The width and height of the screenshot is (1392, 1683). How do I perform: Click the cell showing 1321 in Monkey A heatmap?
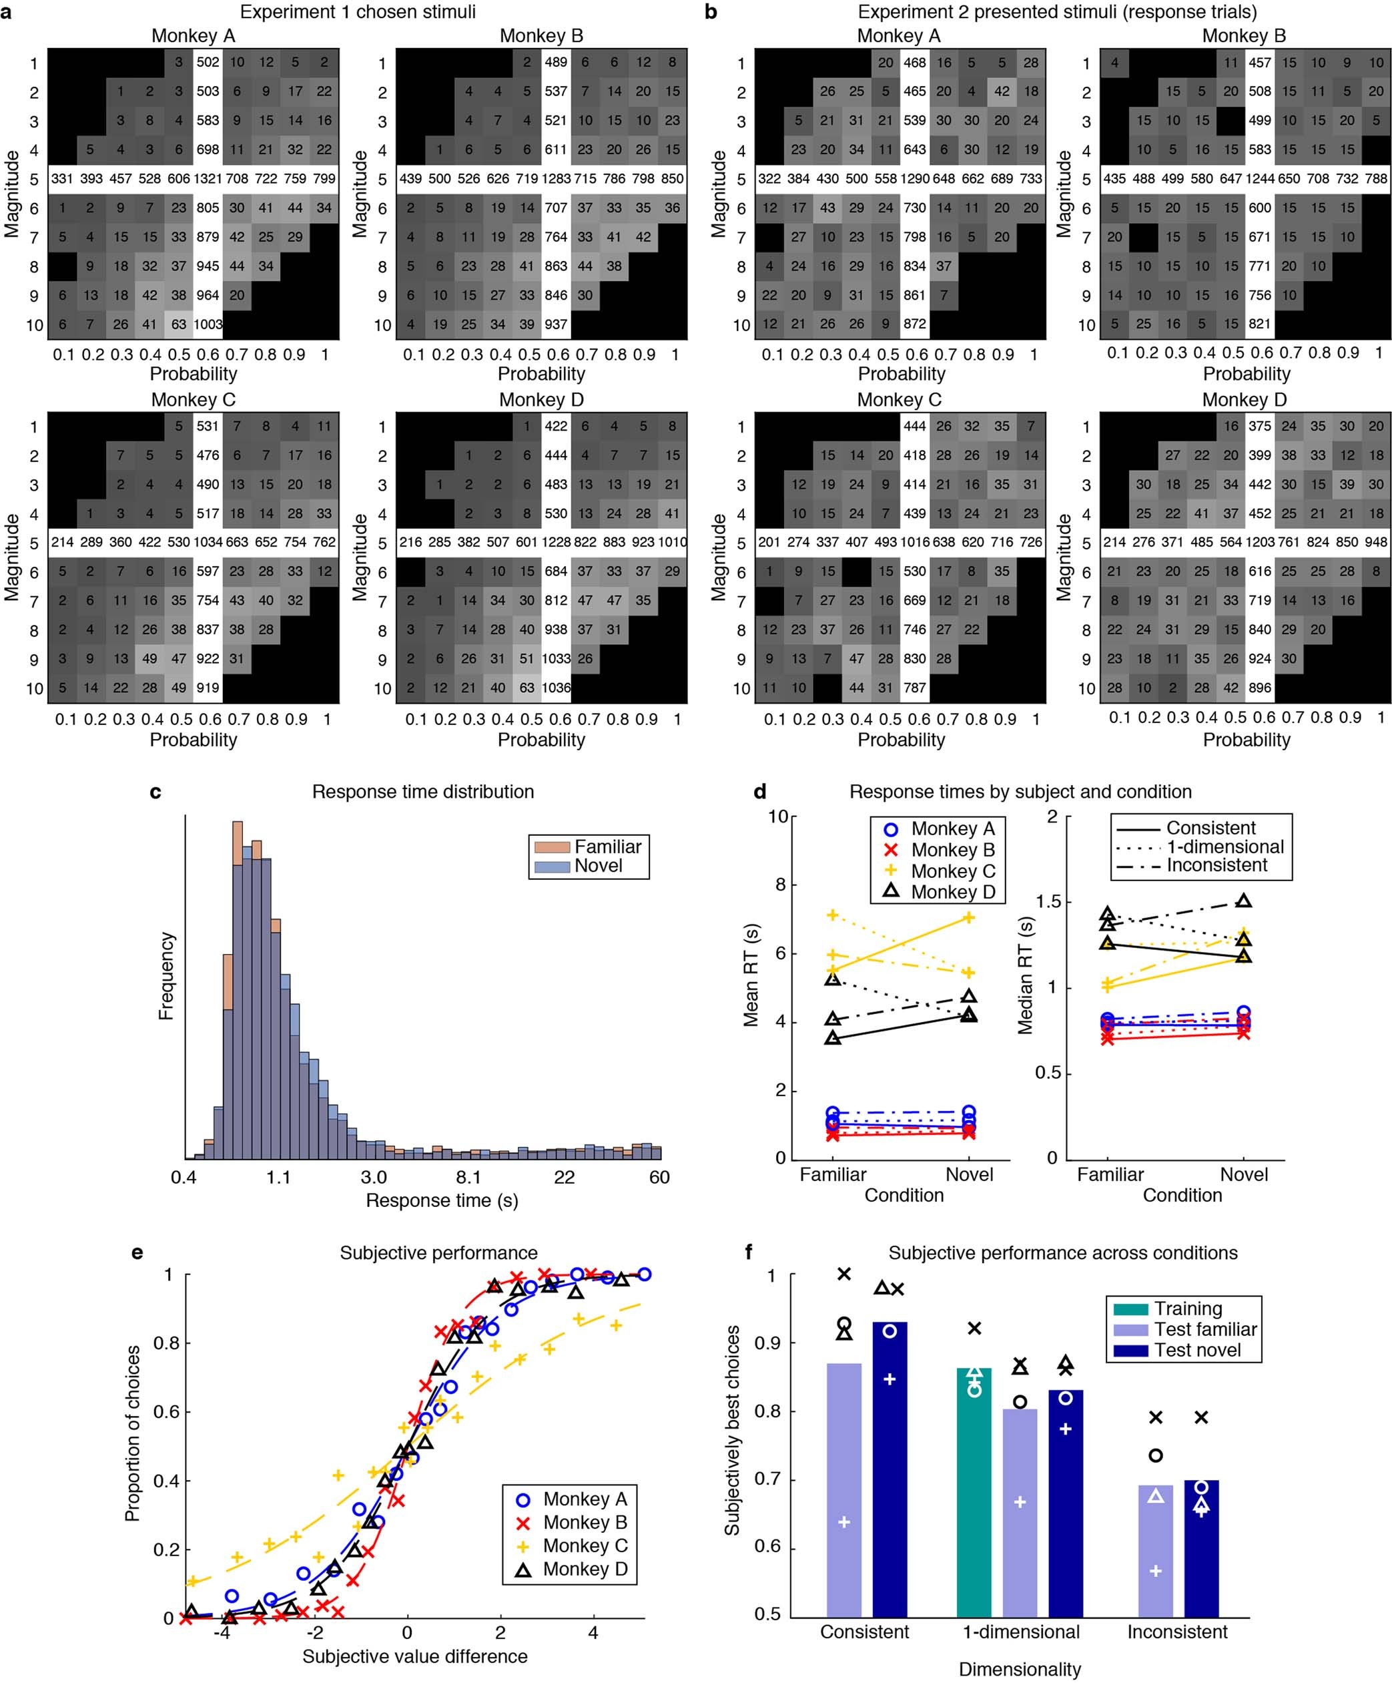(x=208, y=179)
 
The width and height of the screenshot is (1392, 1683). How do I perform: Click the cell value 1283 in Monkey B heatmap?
(x=556, y=179)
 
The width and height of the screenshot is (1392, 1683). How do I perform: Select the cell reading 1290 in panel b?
(x=915, y=179)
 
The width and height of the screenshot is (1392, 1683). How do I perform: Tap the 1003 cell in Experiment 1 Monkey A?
(x=208, y=324)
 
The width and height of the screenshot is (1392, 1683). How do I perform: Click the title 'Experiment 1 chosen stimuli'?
(x=358, y=12)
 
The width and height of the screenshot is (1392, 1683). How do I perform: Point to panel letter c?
(x=155, y=792)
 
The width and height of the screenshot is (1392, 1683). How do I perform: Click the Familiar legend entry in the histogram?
(x=607, y=847)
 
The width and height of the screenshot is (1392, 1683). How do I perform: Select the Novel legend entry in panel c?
(x=597, y=866)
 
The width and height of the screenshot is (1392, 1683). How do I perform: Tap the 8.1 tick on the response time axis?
(x=468, y=1177)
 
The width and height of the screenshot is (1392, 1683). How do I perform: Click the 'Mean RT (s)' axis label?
(x=751, y=975)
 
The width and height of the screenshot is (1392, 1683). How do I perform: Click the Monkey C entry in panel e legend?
(x=585, y=1545)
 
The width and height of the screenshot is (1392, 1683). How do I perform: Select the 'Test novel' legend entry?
(x=1196, y=1350)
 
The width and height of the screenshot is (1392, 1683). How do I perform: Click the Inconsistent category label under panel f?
(x=1176, y=1632)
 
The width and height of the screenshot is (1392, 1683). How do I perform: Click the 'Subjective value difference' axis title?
(x=415, y=1656)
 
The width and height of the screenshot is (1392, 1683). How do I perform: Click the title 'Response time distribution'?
(x=423, y=792)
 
